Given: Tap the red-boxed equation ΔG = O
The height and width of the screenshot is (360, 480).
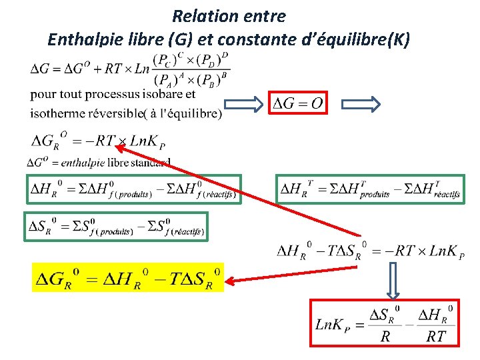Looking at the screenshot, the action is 298,103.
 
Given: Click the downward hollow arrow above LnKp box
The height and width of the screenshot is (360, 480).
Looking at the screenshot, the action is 393,279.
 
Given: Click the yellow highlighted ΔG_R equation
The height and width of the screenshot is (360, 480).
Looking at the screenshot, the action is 128,277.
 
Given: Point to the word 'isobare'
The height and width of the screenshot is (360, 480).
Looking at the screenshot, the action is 160,95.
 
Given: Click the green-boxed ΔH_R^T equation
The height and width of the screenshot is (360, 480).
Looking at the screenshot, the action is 370,189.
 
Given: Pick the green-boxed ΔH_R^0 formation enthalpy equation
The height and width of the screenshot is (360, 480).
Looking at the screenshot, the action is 133,189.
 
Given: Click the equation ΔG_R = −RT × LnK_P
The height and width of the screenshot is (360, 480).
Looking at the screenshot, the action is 99,141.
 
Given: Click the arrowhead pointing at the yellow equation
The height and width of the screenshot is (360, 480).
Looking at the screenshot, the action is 228,280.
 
